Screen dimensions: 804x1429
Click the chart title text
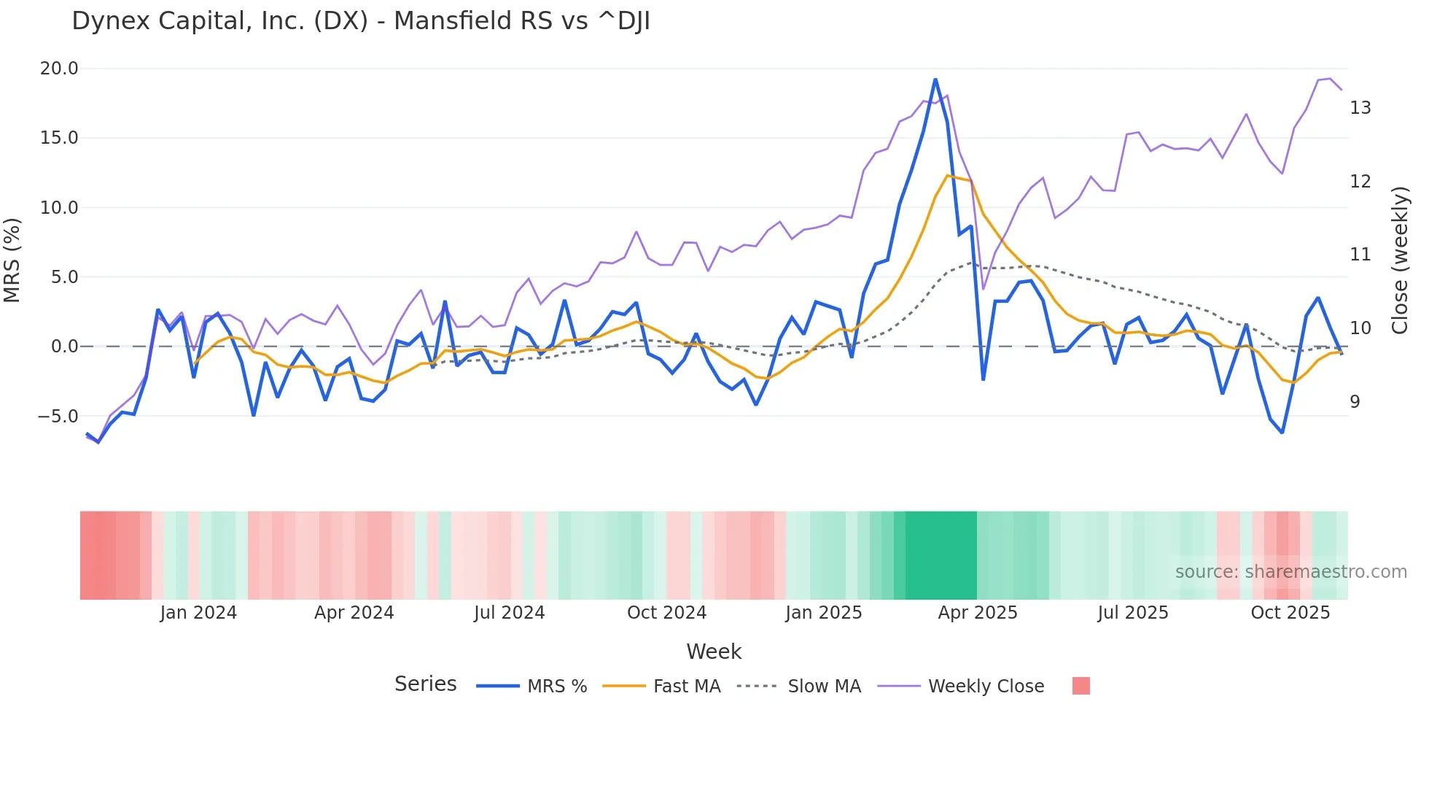[x=360, y=21]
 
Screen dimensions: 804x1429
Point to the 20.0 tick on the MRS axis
[x=58, y=69]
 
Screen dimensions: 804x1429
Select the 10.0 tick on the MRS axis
[x=58, y=208]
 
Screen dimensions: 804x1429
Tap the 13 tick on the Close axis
[x=1360, y=108]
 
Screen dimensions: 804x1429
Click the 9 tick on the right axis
[x=1355, y=402]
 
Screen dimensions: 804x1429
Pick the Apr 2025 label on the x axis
[x=977, y=613]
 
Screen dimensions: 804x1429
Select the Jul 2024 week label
[x=509, y=613]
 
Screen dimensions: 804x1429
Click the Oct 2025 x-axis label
[x=1290, y=613]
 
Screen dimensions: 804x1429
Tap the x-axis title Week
[x=713, y=652]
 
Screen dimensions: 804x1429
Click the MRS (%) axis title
[x=12, y=260]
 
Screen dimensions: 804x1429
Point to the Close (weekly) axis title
[x=1399, y=260]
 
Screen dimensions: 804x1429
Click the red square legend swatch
[x=1080, y=686]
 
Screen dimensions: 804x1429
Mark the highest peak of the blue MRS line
[x=935, y=80]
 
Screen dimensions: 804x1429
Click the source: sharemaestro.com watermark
[x=1290, y=572]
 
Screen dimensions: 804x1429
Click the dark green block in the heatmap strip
[x=941, y=555]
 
